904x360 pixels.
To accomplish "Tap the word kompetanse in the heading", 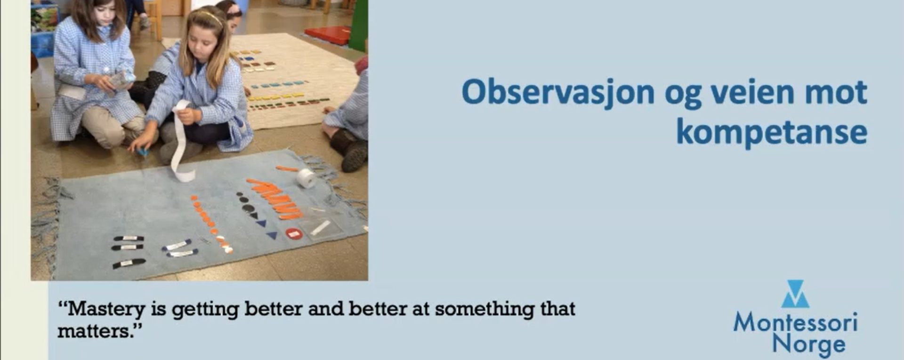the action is (x=772, y=133).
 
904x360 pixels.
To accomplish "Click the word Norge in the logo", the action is (x=808, y=344).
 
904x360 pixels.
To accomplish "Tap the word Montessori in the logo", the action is (x=795, y=322).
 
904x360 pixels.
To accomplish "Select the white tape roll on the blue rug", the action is (x=307, y=178).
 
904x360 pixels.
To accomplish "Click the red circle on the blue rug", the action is (x=293, y=233).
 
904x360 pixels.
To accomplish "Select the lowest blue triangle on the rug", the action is (x=272, y=235).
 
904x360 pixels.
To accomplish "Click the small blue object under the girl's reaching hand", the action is (x=143, y=152).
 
